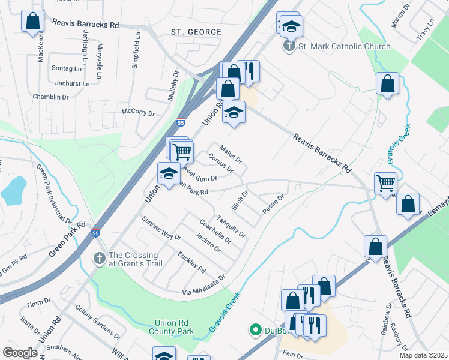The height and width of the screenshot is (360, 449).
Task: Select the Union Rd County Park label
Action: pos(175,327)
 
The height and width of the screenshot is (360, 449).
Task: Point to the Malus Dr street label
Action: pos(230,154)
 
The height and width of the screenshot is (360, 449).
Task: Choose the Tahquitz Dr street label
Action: pos(231,226)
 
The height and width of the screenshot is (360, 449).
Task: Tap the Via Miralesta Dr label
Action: pos(204,285)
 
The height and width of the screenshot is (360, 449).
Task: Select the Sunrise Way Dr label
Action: pos(161,228)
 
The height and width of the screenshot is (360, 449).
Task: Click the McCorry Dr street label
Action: pos(138,112)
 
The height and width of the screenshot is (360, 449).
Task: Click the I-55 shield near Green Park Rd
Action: pos(95,233)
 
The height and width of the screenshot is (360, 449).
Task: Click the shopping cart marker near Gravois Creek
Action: pos(385,182)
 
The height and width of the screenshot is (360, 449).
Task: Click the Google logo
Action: pos(20,353)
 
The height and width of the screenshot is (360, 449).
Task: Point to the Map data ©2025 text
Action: pos(423,355)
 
